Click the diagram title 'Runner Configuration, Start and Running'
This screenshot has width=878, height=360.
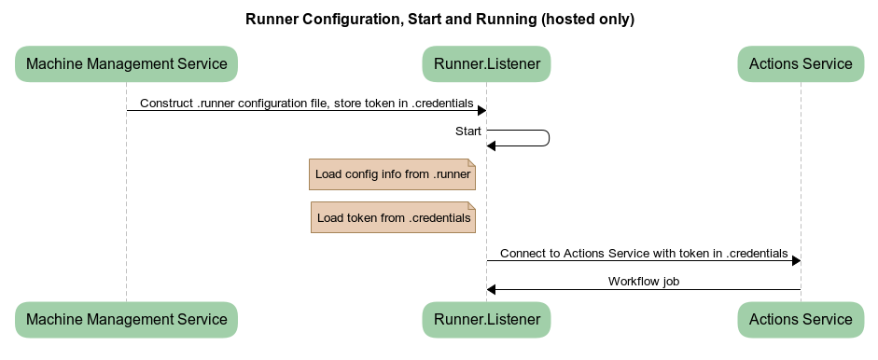391,19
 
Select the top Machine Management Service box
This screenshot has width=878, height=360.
127,63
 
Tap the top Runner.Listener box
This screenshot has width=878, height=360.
487,63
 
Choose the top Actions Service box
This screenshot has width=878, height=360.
801,63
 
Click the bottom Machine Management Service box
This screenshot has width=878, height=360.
127,320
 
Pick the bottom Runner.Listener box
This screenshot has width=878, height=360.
487,320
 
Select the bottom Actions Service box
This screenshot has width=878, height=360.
801,320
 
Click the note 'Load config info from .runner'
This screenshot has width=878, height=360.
393,174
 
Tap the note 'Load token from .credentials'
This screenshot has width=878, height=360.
393,217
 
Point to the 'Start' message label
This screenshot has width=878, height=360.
468,131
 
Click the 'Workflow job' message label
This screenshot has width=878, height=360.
644,281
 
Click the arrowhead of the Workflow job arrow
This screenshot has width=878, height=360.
491,289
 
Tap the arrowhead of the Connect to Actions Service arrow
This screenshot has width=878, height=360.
796,260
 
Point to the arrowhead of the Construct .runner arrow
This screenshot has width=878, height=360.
481,110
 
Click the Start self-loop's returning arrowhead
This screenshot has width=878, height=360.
491,146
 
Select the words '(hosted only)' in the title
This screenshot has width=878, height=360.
588,19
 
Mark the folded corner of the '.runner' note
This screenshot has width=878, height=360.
472,163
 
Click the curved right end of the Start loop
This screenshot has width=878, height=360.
550,138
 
